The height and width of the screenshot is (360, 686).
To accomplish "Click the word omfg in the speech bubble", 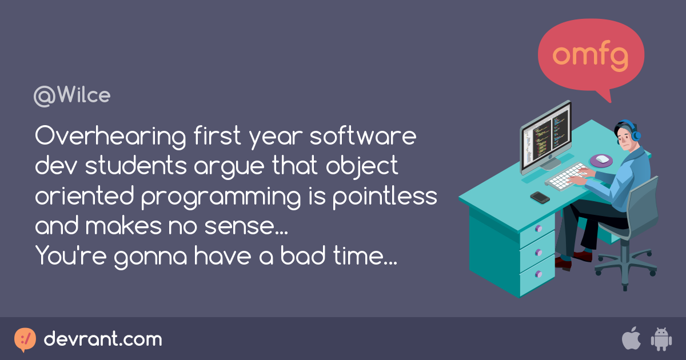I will coord(591,55).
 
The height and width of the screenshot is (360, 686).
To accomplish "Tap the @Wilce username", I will coord(72,96).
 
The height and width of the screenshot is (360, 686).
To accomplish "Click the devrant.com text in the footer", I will coord(103,339).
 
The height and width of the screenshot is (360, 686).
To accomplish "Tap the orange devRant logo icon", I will coord(25,339).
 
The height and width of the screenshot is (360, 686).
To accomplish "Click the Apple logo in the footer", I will coord(631,339).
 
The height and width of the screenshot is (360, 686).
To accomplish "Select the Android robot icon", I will coord(661,339).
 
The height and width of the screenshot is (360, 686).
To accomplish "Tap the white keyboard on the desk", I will coord(566,175).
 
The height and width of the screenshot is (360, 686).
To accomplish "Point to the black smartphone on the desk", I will coord(540,197).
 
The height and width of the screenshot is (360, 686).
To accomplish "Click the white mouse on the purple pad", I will coord(603,158).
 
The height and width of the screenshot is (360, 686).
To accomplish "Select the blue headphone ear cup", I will coord(636,135).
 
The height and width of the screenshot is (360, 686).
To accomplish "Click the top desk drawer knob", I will coord(537,229).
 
